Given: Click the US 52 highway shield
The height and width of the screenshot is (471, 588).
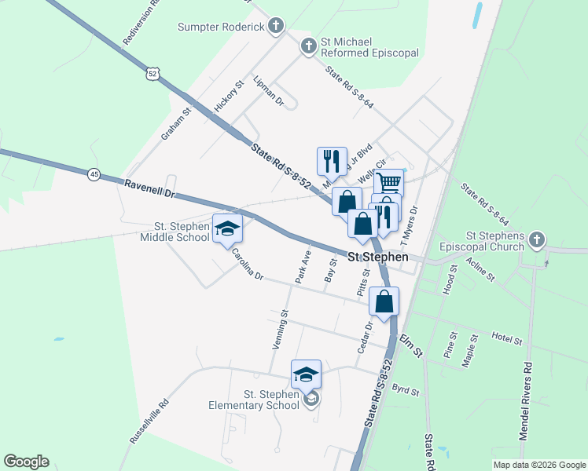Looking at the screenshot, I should tap(153, 73).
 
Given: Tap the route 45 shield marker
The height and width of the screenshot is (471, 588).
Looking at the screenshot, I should tap(94, 175).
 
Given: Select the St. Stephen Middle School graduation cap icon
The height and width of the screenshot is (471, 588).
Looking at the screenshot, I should tap(227, 228).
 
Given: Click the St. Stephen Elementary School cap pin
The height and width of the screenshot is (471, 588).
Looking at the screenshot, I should tap(306, 374).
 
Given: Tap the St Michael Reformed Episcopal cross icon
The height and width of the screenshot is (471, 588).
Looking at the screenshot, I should tap(308, 47).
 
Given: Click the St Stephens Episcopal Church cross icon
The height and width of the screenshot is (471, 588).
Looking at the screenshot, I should tap(536, 240).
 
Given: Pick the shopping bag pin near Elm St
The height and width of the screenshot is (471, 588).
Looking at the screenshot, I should tap(384, 301).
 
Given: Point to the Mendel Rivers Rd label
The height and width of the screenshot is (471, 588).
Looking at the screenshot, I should tap(527, 400).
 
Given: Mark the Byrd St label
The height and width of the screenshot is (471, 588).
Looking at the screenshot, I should tap(406, 389).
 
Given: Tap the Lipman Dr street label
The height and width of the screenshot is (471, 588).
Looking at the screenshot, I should tap(268, 90).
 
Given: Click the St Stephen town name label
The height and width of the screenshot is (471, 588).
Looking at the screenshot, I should tap(378, 257).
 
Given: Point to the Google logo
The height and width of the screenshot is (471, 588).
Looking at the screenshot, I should tap(26, 462).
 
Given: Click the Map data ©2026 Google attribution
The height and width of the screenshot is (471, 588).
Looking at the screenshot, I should tap(538, 465).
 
